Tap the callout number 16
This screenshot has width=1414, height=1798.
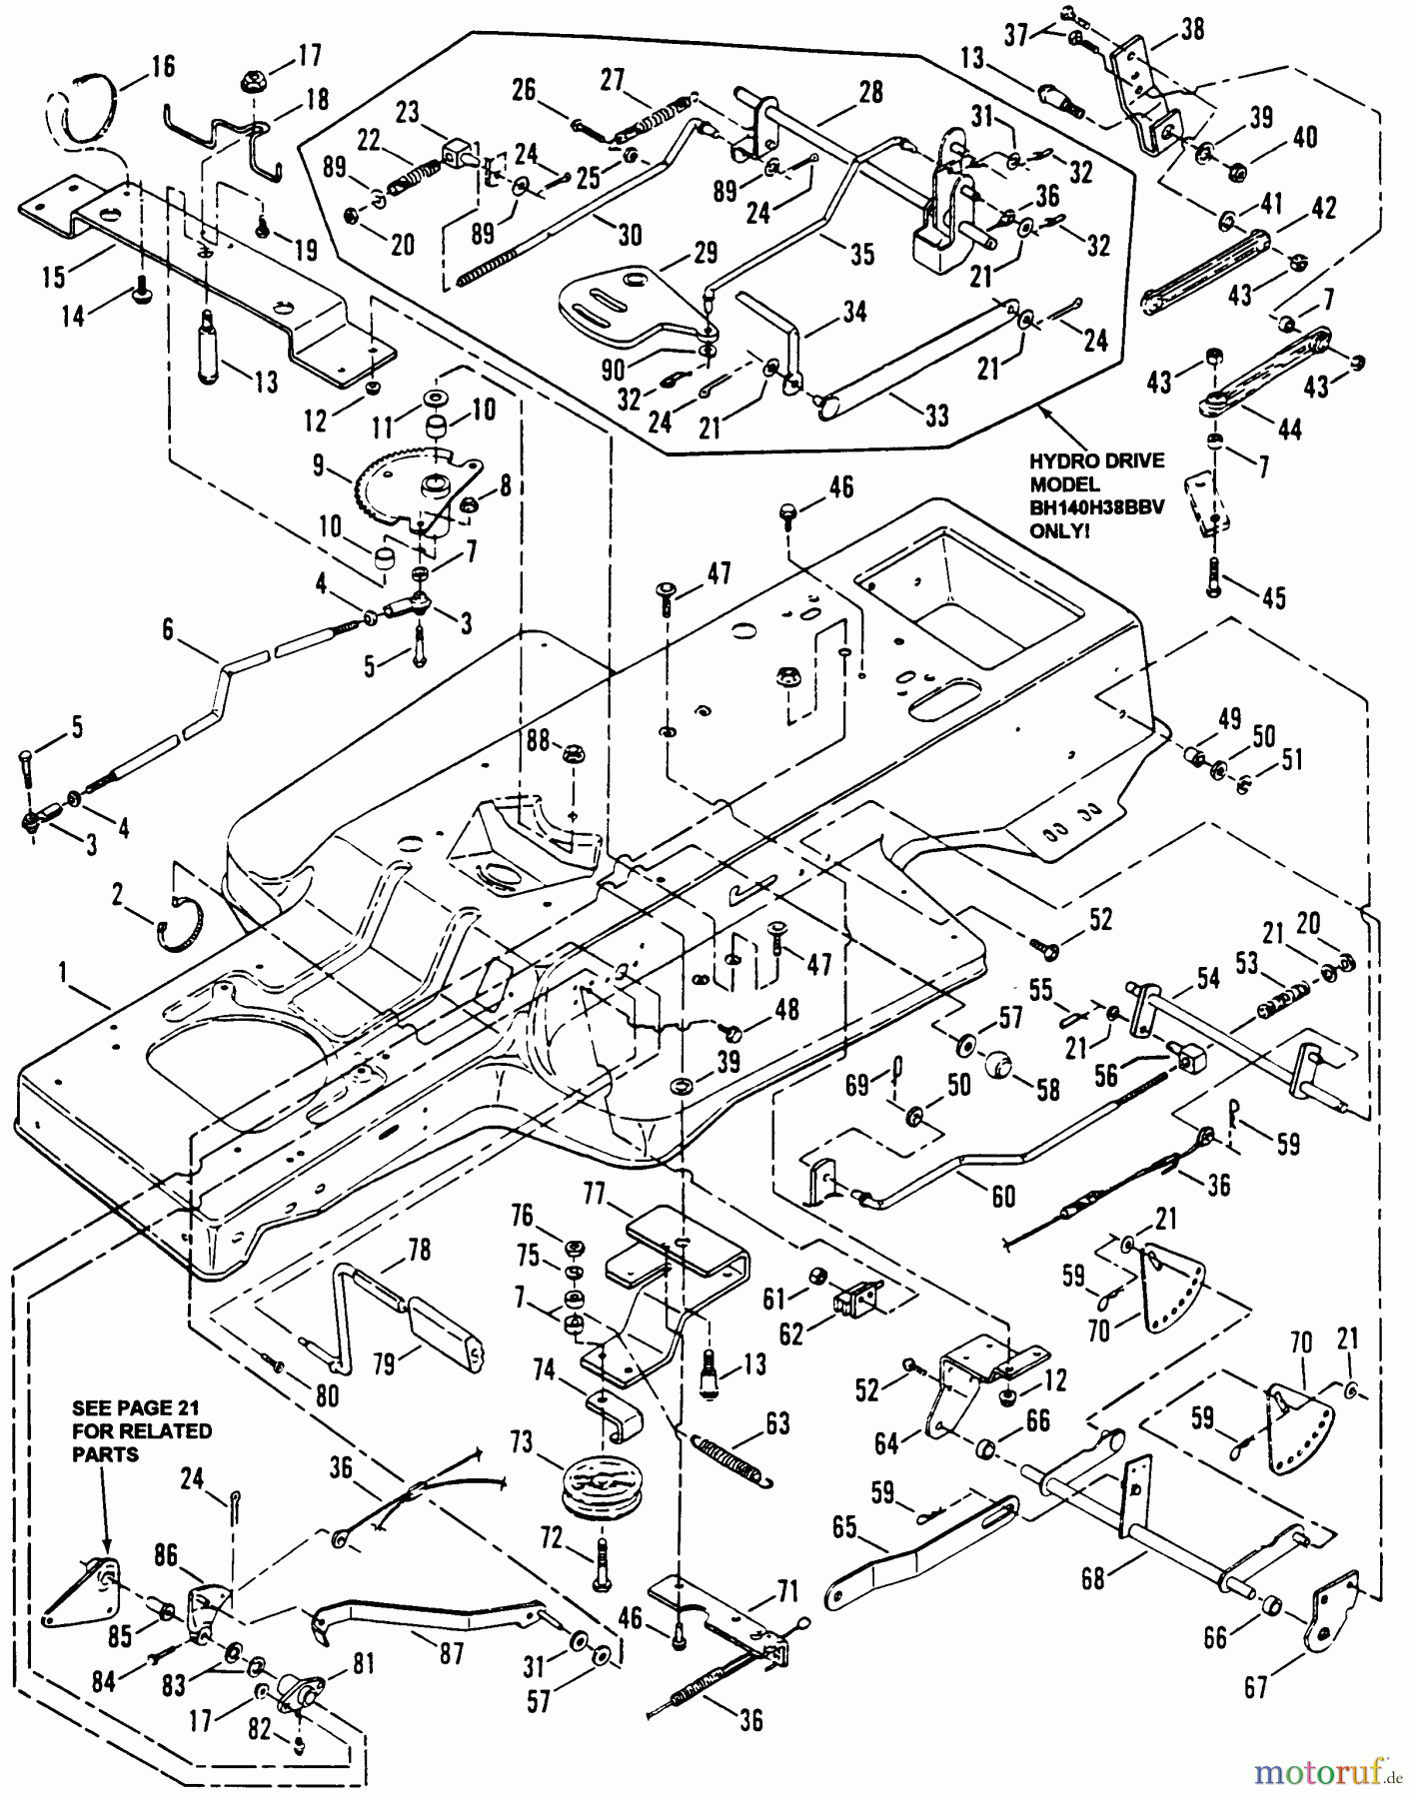(163, 67)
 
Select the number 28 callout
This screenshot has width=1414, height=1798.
(870, 91)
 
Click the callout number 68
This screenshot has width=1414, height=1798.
(1093, 1579)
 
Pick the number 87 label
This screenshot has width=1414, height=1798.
(453, 1653)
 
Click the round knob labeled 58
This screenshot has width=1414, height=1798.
(1001, 1065)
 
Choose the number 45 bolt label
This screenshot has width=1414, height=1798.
(1272, 598)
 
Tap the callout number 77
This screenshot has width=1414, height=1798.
(596, 1195)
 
